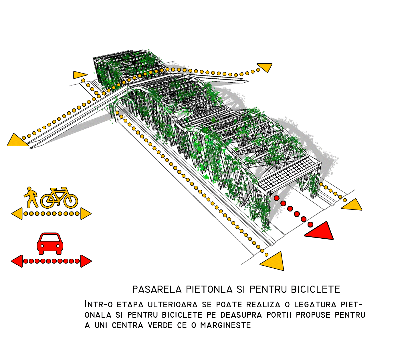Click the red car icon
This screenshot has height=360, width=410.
coord(50,244)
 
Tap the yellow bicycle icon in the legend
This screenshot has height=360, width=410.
coord(59,198)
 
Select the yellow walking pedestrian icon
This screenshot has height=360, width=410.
coord(31,197)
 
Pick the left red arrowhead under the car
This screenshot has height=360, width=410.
coord(17,261)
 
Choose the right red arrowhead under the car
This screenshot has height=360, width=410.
coord(85,261)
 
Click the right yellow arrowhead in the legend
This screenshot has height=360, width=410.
coord(85,214)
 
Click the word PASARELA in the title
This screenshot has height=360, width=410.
coord(157,290)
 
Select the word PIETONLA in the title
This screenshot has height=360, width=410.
coord(209,290)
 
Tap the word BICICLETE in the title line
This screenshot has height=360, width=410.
coord(315,290)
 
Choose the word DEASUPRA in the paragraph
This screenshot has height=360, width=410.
coord(241,315)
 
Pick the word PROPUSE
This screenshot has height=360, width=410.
coord(313,315)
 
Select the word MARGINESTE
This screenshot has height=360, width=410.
coord(225,325)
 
